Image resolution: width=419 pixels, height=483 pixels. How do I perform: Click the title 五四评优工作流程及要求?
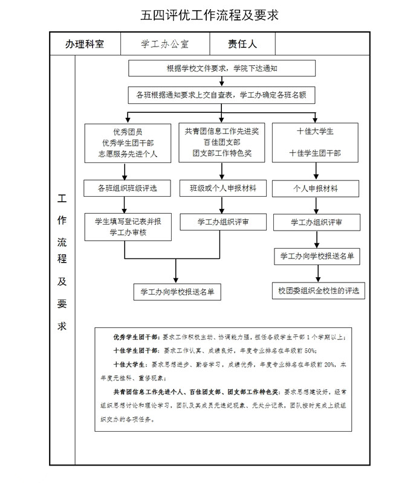click(x=209, y=15)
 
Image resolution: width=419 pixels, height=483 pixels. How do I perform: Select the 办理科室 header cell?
click(x=85, y=43)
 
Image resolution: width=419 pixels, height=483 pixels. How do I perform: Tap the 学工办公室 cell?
click(x=165, y=43)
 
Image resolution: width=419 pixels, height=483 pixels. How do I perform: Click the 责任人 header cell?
click(x=242, y=43)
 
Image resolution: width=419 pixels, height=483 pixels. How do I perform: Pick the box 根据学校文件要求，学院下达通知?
click(x=222, y=68)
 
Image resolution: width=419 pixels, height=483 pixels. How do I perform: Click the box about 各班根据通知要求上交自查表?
click(x=222, y=95)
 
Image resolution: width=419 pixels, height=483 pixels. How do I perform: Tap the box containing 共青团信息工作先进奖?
click(x=222, y=142)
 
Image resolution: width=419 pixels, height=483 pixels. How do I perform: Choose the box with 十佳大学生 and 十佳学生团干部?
click(x=315, y=142)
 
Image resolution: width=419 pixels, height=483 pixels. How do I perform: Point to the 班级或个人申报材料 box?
click(x=222, y=188)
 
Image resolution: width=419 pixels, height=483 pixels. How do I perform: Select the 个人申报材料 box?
click(x=315, y=188)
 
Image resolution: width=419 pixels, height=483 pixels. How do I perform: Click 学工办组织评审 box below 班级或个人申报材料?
click(x=222, y=222)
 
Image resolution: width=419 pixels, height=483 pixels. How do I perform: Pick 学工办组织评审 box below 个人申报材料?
click(x=315, y=222)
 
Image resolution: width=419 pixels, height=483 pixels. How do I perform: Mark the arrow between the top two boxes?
click(x=222, y=82)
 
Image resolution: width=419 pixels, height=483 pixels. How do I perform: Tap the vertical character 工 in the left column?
click(x=62, y=199)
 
